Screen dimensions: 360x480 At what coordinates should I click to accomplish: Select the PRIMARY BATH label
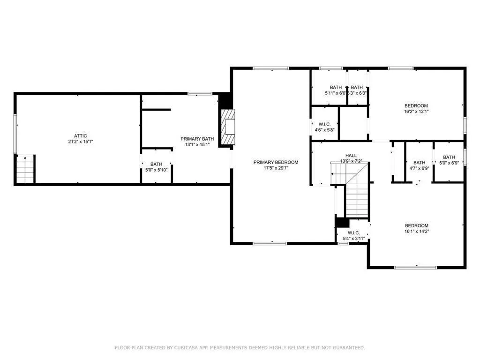197,139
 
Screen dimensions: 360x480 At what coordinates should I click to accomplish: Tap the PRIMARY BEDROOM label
276,162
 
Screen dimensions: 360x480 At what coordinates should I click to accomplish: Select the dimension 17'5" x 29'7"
276,168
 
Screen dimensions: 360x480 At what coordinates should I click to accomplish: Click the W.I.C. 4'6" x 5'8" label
325,127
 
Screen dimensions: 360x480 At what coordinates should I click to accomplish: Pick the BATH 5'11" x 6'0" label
336,90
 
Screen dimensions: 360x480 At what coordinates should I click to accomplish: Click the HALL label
351,156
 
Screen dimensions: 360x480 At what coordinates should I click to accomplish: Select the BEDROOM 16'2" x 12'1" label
416,108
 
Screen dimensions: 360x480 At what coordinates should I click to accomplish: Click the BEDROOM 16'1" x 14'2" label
416,228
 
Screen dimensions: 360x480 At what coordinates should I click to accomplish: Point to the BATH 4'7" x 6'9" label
419,165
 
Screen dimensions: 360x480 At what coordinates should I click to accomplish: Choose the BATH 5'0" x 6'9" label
449,160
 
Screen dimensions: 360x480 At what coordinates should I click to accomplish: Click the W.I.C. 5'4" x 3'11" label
353,236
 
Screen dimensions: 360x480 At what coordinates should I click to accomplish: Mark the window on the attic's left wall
15,133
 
